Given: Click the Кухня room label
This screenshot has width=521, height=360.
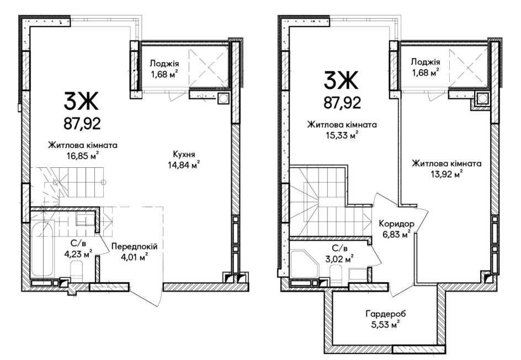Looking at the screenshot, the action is [184, 154].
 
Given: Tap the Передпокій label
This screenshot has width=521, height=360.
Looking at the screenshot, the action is [134, 247].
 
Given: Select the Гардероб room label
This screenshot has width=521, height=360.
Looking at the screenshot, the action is [386, 314].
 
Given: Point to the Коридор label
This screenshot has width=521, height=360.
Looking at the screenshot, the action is [396, 224].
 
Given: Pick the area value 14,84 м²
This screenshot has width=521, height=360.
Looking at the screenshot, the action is [184, 164].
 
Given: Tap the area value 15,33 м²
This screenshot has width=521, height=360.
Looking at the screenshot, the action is [342, 135].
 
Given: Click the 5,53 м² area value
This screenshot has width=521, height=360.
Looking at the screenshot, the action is [386, 324].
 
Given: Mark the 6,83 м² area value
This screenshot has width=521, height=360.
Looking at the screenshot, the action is [396, 234].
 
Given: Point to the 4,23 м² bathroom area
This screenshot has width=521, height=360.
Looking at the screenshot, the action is [78, 254].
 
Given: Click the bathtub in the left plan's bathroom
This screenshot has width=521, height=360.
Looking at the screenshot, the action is [42, 248].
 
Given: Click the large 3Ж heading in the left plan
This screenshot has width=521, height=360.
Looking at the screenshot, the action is [82, 102].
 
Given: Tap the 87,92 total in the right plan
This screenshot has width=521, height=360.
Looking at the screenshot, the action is [342, 103].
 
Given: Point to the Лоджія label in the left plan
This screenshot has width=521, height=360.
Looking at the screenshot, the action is [164, 63].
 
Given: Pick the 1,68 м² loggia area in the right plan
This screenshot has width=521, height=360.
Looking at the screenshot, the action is [426, 72].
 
